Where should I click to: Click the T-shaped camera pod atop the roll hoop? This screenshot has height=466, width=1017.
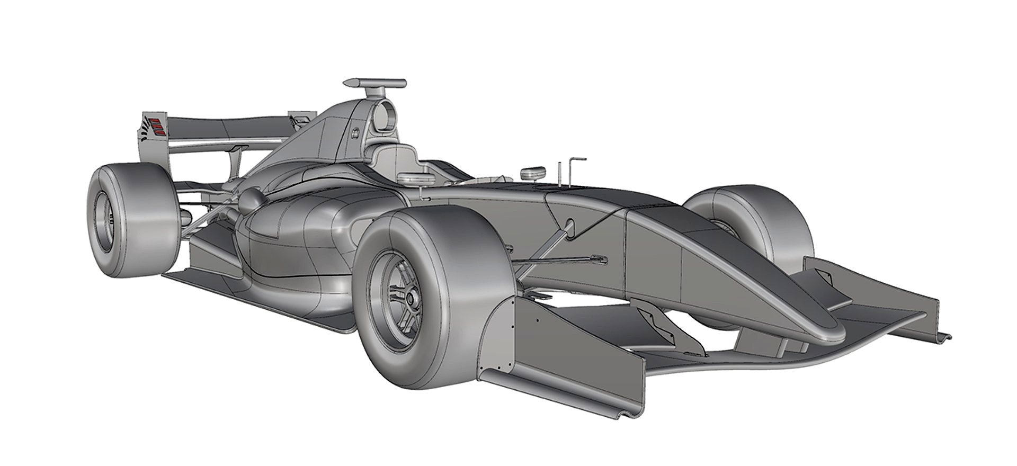point(375,83)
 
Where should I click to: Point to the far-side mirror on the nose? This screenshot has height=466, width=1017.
point(533,173)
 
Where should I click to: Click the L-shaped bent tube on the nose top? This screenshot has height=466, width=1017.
point(574,169)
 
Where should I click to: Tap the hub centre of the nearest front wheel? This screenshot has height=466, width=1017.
point(409,298)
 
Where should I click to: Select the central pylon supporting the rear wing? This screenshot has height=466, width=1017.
point(233,162)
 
